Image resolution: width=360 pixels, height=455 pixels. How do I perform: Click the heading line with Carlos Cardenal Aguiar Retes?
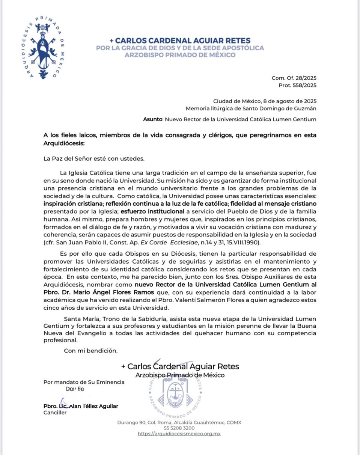[180, 40]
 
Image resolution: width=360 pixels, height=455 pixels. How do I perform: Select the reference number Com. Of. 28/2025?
[294, 78]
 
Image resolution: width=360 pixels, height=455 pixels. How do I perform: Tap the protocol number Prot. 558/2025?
[297, 85]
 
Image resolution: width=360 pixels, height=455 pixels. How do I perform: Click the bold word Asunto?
[153, 119]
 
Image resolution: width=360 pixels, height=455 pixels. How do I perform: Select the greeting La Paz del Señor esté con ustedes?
[94, 158]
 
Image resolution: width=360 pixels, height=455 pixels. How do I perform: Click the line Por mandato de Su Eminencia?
[84, 382]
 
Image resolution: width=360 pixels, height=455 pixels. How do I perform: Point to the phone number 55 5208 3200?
[179, 428]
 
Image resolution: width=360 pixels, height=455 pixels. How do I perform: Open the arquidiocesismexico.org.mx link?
[179, 434]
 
